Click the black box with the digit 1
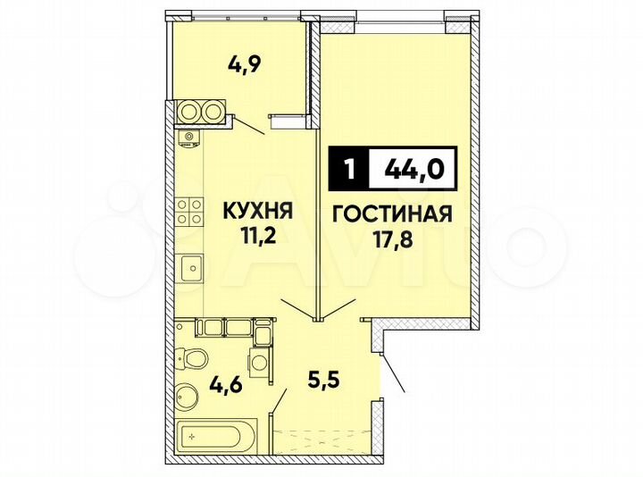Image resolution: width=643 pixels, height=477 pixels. (x=347, y=168)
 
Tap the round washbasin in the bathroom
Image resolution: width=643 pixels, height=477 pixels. (x=188, y=393)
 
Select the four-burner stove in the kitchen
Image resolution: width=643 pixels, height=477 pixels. (x=188, y=211)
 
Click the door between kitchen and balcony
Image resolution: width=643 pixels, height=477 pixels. (x=251, y=126)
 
